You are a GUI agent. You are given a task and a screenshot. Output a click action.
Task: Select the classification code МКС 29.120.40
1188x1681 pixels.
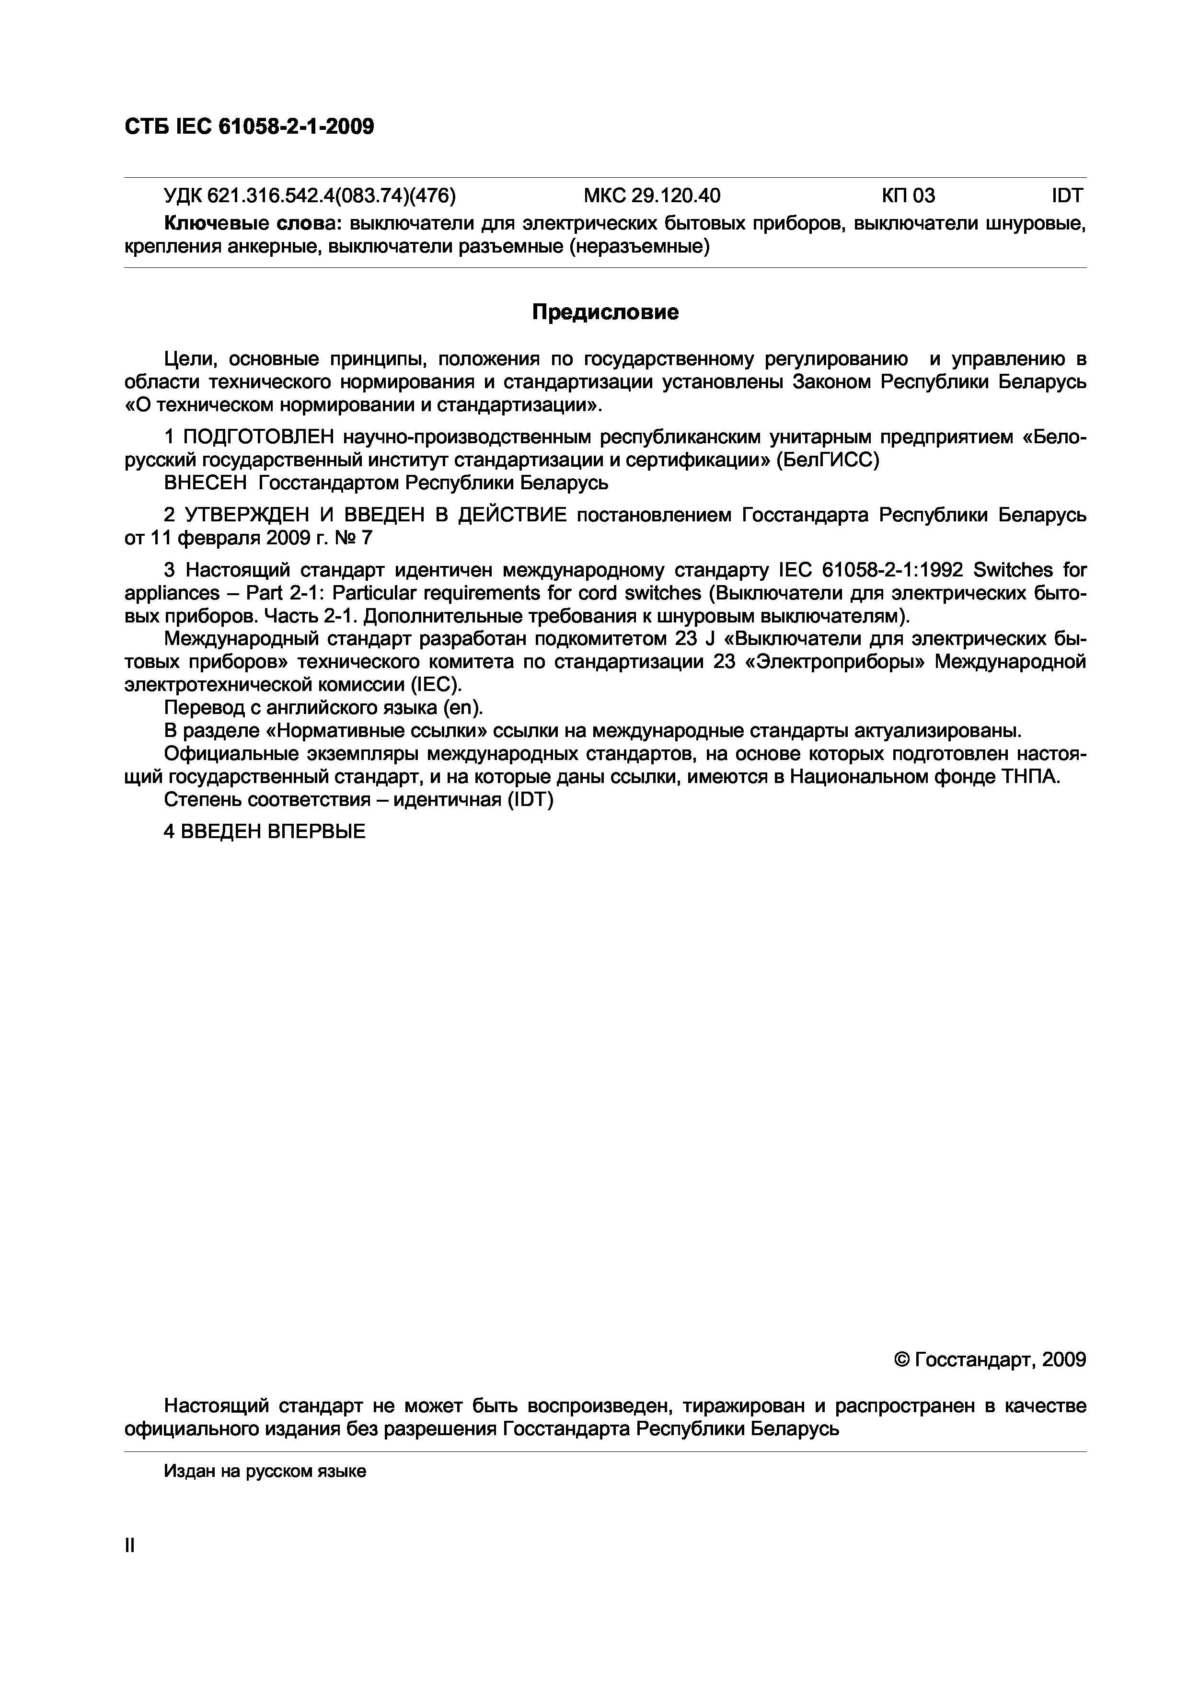651,196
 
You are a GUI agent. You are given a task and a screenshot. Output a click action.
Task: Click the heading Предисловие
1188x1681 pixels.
605,312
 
